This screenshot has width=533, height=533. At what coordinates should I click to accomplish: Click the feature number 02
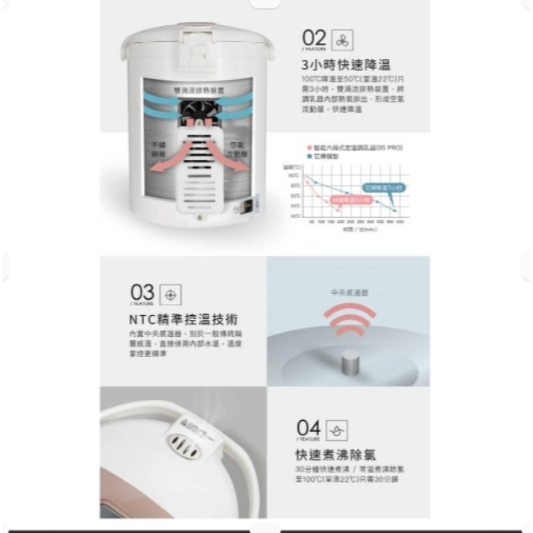313,38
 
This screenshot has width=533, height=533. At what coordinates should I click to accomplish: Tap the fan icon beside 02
342,40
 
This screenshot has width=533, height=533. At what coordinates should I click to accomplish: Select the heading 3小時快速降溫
345,65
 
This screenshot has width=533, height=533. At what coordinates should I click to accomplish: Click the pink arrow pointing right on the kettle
237,164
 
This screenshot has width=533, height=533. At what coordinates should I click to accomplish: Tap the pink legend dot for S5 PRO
310,147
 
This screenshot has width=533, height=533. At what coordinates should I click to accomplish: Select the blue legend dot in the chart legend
310,156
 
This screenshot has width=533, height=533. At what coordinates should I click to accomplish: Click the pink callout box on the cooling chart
350,200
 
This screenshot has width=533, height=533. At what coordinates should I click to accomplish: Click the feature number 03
142,294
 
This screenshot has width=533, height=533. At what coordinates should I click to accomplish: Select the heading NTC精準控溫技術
184,320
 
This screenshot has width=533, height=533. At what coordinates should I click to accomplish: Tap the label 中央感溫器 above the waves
349,292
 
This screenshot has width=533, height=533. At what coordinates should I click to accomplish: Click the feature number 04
308,429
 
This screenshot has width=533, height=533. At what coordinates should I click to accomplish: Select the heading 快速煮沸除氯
335,455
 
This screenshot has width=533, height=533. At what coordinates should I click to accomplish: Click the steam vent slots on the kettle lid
185,448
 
